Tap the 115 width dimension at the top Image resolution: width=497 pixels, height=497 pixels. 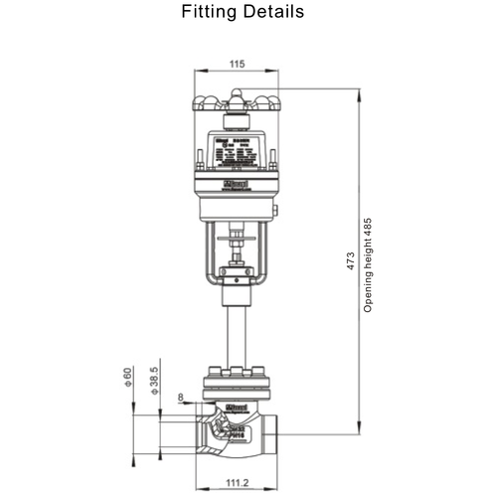pyautogui.click(x=235, y=64)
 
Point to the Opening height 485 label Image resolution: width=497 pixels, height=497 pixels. pyautogui.click(x=367, y=265)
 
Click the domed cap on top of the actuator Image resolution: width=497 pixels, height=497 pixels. pyautogui.click(x=235, y=102)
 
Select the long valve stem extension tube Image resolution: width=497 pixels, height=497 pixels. pyautogui.click(x=235, y=333)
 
